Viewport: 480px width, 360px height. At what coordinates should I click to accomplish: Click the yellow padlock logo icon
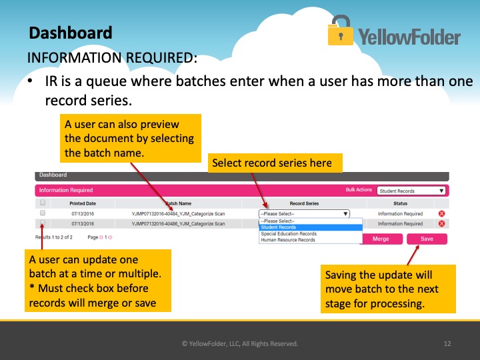pyautogui.click(x=340, y=30)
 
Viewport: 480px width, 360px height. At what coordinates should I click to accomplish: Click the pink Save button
pyautogui.click(x=427, y=239)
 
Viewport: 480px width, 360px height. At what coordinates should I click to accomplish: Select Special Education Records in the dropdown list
pyautogui.click(x=289, y=233)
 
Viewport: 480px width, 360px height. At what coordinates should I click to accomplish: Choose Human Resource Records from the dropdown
pyautogui.click(x=288, y=240)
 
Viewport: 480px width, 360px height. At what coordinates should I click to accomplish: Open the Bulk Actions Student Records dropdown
pyautogui.click(x=411, y=191)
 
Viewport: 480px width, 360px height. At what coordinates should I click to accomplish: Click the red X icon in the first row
pyautogui.click(x=441, y=214)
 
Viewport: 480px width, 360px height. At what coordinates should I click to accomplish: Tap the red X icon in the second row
pyautogui.click(x=441, y=223)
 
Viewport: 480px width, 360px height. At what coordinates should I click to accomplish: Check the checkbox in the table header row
pyautogui.click(x=43, y=203)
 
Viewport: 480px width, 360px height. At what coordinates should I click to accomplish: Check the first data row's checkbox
pyautogui.click(x=43, y=213)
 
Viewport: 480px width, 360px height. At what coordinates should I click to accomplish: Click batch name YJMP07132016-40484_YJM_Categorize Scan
pyautogui.click(x=178, y=214)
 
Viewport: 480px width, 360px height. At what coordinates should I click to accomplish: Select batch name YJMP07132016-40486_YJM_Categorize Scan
pyautogui.click(x=178, y=224)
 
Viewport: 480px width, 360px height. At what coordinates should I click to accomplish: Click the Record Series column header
pyautogui.click(x=304, y=203)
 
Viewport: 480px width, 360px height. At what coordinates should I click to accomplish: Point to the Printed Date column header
pyautogui.click(x=83, y=203)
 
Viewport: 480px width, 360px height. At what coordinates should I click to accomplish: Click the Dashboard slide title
pyautogui.click(x=71, y=33)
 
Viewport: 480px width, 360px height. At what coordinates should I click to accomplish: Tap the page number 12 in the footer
pyautogui.click(x=447, y=344)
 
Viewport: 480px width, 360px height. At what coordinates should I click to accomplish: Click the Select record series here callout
pyautogui.click(x=275, y=163)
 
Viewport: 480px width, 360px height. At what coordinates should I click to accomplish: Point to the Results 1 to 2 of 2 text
pyautogui.click(x=54, y=237)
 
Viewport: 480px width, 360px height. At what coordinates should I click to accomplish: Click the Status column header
pyautogui.click(x=400, y=203)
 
